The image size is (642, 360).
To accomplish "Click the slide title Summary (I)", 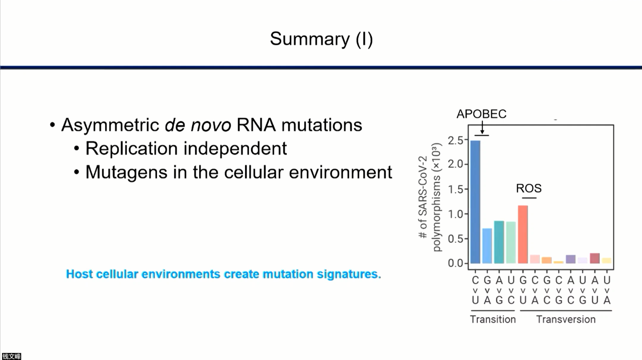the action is pyautogui.click(x=321, y=39).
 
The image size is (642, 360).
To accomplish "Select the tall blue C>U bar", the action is pyautogui.click(x=475, y=202).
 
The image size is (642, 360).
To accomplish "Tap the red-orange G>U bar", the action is pyautogui.click(x=523, y=234).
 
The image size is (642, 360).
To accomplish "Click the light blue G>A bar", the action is pyautogui.click(x=487, y=246).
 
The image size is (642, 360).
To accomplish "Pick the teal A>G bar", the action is pyautogui.click(x=499, y=242).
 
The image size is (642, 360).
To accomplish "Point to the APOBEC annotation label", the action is pyautogui.click(x=481, y=114).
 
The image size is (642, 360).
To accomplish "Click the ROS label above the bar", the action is pyautogui.click(x=529, y=188).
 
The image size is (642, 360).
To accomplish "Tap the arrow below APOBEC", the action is pyautogui.click(x=482, y=127).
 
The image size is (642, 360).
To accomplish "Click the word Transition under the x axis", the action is pyautogui.click(x=493, y=319).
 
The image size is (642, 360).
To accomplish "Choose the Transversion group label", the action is pyautogui.click(x=566, y=319).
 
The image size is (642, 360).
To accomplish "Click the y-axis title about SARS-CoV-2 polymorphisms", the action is pyautogui.click(x=429, y=197).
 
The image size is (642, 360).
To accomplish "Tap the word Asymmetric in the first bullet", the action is pyautogui.click(x=110, y=125).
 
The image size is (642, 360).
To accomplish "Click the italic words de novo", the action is pyautogui.click(x=198, y=125).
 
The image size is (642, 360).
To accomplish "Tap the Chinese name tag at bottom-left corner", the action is pyautogui.click(x=11, y=356).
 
